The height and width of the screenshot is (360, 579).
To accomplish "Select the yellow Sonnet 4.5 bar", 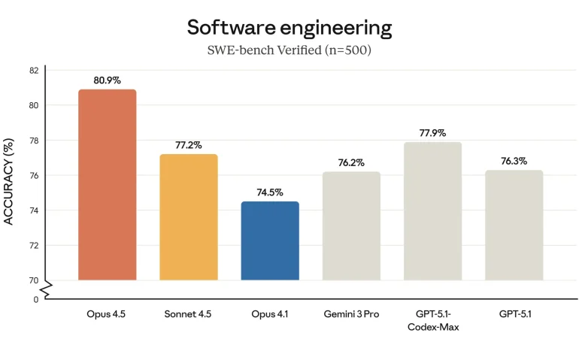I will [x=189, y=217].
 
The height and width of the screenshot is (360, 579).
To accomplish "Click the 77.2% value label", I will [x=189, y=144].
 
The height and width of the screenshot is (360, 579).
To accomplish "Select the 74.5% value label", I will [x=270, y=192].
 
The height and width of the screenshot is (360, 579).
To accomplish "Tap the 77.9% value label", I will [x=432, y=132].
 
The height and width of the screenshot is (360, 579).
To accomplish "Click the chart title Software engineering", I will [x=289, y=29].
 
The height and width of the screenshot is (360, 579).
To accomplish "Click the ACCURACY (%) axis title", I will [x=9, y=181].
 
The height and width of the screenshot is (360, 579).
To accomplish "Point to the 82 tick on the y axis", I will [x=34, y=70].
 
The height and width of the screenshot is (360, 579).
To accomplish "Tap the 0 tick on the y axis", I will [x=35, y=299].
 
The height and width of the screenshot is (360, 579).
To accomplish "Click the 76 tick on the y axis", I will [x=34, y=175].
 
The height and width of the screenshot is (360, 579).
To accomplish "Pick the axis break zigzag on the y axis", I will [x=47, y=288].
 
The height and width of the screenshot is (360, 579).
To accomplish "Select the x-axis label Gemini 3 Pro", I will [x=351, y=313].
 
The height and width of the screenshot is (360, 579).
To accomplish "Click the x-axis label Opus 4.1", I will [x=270, y=313].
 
